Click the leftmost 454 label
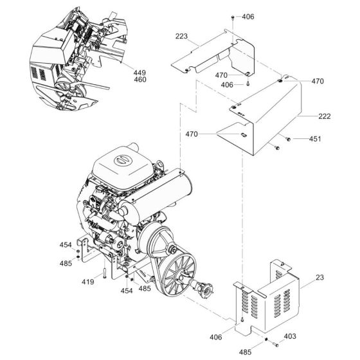66,245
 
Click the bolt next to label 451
288,139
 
